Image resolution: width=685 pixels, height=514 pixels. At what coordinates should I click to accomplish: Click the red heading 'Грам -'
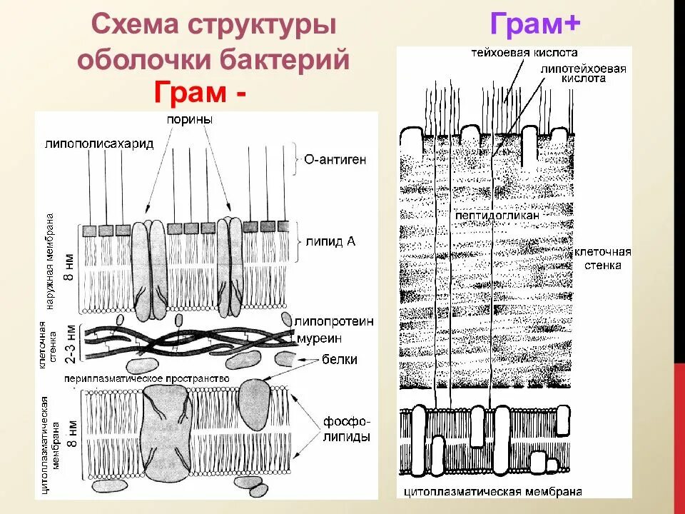click(201, 93)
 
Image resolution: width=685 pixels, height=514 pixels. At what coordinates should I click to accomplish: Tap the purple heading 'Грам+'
click(535, 26)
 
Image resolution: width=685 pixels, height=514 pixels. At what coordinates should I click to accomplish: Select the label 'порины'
click(190, 121)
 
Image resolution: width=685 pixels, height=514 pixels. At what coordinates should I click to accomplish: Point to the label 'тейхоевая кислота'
click(524, 53)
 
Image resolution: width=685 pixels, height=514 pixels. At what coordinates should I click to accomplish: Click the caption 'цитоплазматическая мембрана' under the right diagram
click(492, 492)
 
